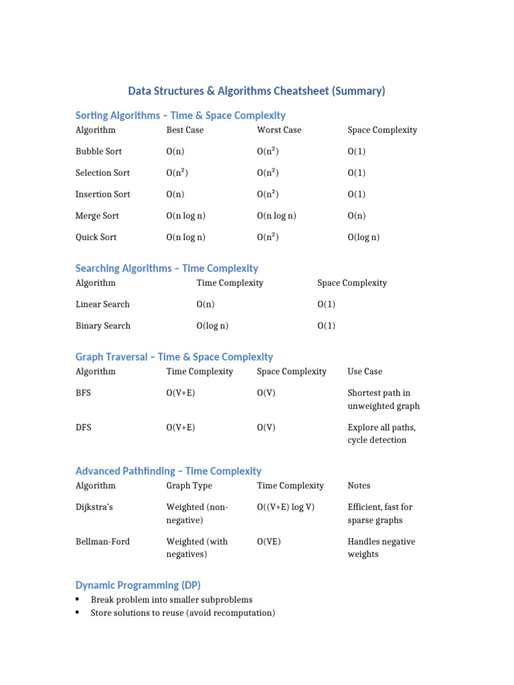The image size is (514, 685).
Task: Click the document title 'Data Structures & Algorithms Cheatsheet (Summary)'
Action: (x=257, y=91)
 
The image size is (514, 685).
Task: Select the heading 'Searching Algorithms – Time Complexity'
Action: (x=167, y=268)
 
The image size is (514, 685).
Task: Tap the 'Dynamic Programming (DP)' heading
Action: (x=138, y=585)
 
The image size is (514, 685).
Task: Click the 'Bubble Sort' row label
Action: (x=98, y=151)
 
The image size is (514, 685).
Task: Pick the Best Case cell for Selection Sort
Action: (x=177, y=173)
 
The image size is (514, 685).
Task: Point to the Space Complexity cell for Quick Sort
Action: (x=363, y=237)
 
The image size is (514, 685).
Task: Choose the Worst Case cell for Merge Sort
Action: (x=276, y=215)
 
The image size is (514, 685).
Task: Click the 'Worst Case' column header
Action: (x=279, y=130)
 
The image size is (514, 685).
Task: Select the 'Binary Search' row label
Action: (x=103, y=326)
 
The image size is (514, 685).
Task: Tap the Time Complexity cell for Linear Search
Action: (x=205, y=304)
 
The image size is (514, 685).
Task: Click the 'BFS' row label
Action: (x=83, y=393)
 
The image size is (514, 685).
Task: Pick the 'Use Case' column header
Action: (x=365, y=371)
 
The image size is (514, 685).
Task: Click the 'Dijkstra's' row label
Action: (x=94, y=507)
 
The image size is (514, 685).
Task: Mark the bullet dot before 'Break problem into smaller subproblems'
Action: (x=78, y=599)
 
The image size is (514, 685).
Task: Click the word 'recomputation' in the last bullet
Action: (x=243, y=613)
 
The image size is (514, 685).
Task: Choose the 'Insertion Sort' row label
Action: (x=103, y=194)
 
